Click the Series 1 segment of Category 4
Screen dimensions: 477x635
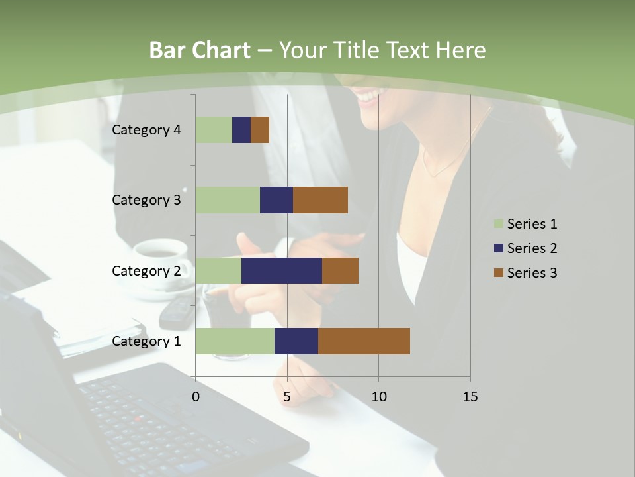tap(214, 130)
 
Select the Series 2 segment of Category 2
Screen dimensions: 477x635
tap(281, 270)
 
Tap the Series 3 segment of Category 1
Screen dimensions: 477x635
tap(364, 341)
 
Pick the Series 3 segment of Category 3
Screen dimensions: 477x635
tap(320, 200)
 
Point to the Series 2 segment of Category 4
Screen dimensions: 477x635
tap(241, 130)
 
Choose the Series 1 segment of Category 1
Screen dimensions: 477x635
tap(235, 341)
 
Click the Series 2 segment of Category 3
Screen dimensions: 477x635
tap(276, 200)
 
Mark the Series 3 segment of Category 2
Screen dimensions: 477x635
tap(340, 270)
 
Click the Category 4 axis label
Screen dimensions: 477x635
tap(146, 130)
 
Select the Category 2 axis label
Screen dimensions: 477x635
tap(146, 270)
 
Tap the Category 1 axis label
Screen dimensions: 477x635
tap(146, 341)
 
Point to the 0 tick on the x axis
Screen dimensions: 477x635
tap(196, 397)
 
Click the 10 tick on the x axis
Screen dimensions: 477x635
tap(378, 397)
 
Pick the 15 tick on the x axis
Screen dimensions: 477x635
tap(470, 397)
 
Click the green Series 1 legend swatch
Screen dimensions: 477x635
tap(498, 224)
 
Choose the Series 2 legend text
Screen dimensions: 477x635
tap(532, 248)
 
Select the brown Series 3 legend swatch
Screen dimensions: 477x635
tap(498, 273)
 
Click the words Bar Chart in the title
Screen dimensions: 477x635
tap(200, 50)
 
